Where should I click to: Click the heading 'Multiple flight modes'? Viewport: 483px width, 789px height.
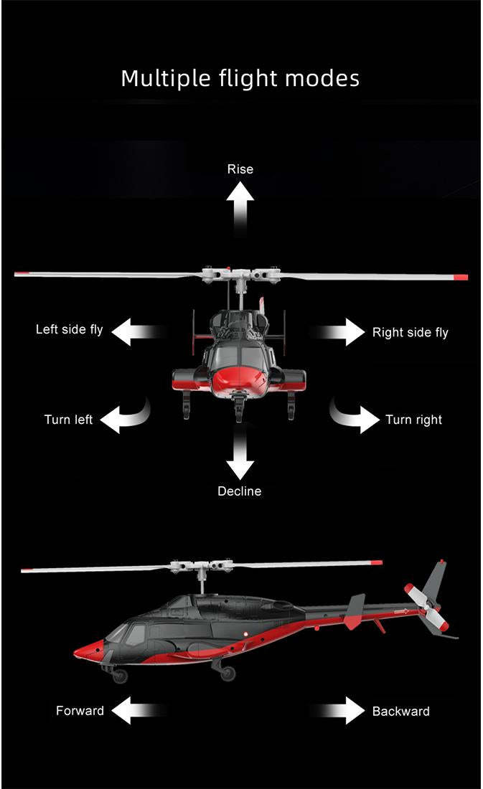[240, 77]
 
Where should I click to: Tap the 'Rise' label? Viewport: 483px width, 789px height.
[240, 169]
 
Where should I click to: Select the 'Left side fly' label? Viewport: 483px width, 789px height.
[70, 330]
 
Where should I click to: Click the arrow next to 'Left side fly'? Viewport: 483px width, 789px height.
[136, 331]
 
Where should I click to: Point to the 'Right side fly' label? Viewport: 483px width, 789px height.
[410, 332]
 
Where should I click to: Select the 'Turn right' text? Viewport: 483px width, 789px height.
[413, 420]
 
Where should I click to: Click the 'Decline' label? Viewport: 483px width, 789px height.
[240, 491]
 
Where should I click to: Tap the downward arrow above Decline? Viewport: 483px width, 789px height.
[240, 455]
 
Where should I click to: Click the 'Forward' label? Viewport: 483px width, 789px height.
[80, 711]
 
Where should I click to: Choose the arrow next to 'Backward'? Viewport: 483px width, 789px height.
[343, 710]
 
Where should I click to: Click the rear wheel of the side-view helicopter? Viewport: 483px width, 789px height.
[227, 673]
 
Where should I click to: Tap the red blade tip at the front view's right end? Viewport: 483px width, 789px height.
[461, 277]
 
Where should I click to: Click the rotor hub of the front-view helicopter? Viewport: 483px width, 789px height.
[240, 274]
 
